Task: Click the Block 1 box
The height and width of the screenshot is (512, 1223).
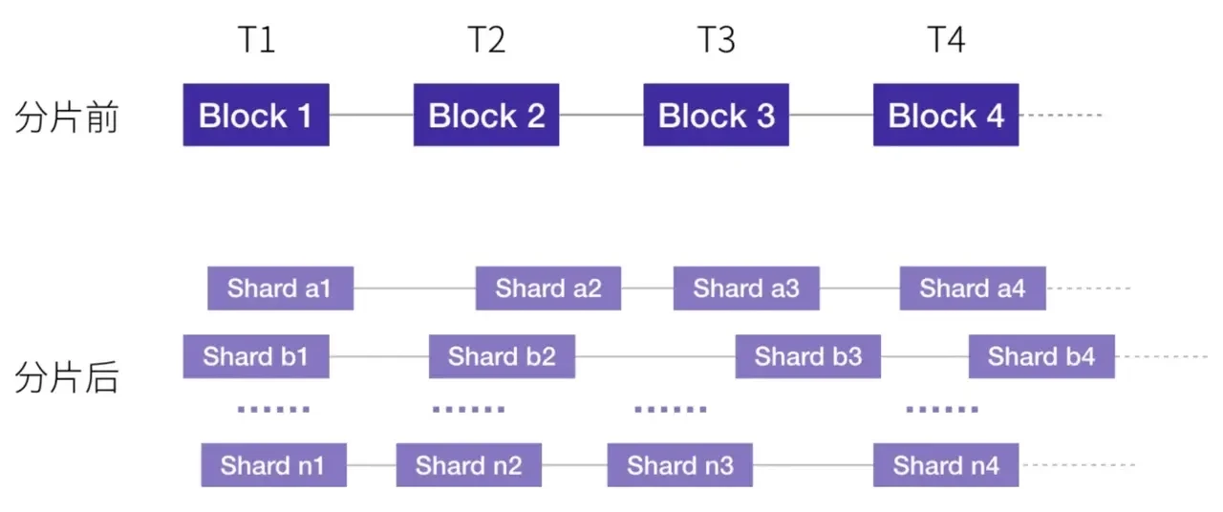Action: click(256, 116)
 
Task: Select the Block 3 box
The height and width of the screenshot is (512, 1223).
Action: click(716, 116)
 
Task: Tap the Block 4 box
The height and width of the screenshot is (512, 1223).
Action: click(946, 116)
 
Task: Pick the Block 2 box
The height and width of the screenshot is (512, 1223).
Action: click(486, 116)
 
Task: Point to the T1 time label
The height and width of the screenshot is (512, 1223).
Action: click(256, 41)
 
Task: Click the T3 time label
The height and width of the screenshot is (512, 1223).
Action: click(716, 41)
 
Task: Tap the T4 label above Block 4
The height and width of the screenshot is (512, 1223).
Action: click(946, 41)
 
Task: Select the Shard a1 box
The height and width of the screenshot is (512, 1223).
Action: click(280, 288)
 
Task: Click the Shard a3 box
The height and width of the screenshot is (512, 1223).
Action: click(746, 288)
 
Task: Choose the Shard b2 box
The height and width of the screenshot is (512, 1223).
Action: click(502, 357)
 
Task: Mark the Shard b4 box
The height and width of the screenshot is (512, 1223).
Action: click(1041, 357)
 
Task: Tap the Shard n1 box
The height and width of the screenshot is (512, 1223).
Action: click(273, 465)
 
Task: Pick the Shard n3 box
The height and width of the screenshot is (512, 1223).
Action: click(680, 465)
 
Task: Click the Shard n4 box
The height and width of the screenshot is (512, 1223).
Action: click(946, 465)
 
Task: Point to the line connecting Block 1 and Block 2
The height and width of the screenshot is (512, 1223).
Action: click(372, 116)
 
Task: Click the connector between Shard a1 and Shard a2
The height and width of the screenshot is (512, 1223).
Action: click(415, 288)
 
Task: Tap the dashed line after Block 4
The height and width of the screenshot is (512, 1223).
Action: click(1061, 116)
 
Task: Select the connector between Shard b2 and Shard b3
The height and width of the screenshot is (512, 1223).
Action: click(654, 357)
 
